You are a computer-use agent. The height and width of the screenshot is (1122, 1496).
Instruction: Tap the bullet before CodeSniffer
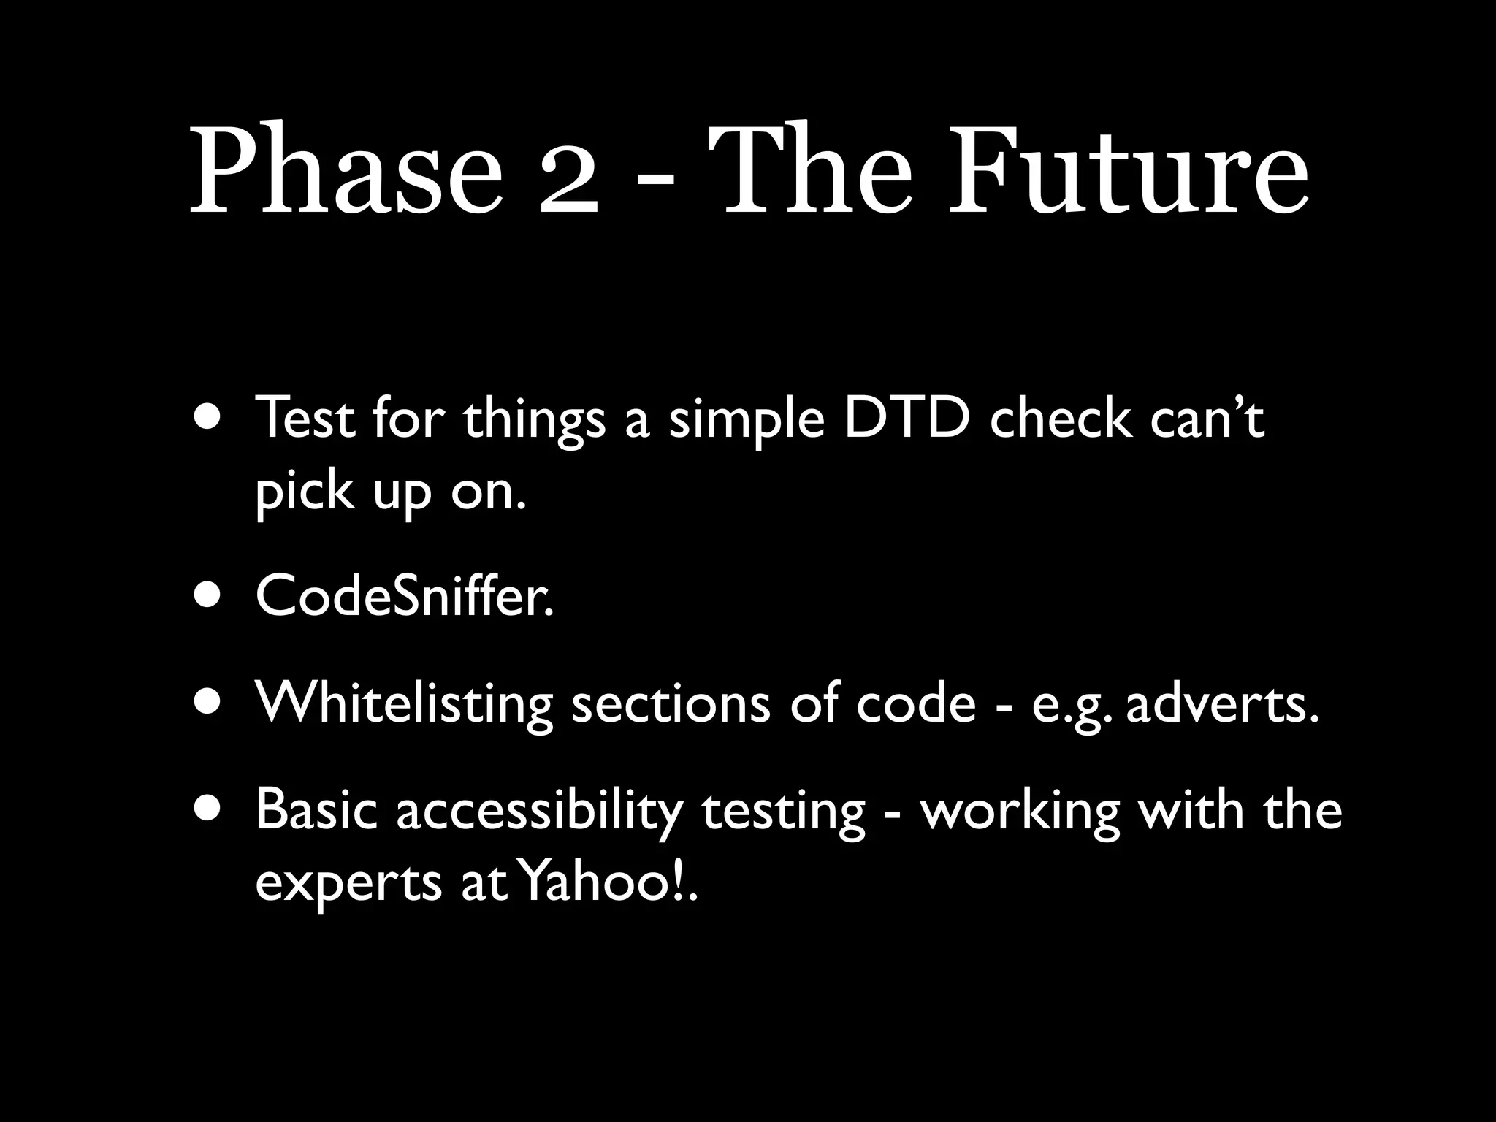click(x=206, y=595)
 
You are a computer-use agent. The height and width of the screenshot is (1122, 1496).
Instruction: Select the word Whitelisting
click(x=403, y=705)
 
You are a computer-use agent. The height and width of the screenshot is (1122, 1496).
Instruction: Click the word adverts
click(x=1223, y=705)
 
